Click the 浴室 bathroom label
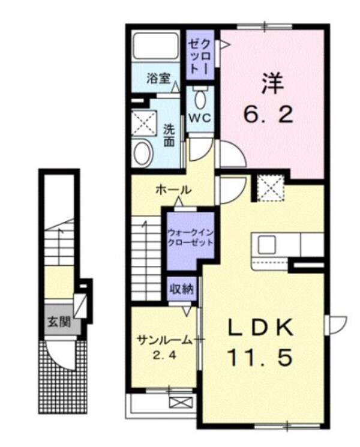click(158, 78)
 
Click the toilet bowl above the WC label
click(200, 98)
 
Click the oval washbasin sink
click(143, 153)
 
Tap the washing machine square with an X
click(145, 124)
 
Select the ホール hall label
click(173, 190)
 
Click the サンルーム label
click(164, 340)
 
